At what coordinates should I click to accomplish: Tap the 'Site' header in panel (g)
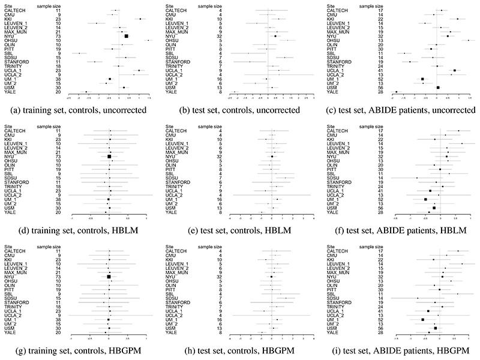(x=8, y=247)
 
